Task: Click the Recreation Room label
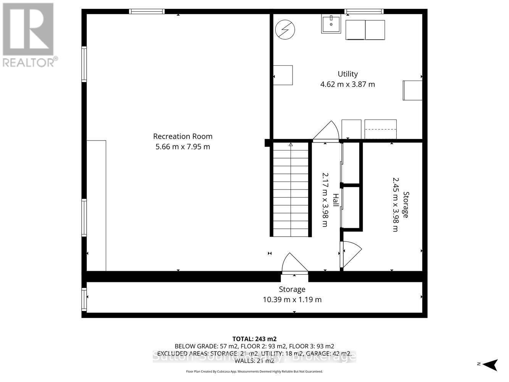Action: tap(183, 136)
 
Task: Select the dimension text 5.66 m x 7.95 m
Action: tap(183, 147)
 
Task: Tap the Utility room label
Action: tap(347, 74)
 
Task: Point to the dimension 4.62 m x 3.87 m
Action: tap(347, 84)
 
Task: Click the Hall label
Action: tap(335, 200)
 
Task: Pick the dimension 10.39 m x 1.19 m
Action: tap(292, 299)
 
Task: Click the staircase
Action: tap(291, 189)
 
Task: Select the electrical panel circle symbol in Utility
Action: tap(285, 30)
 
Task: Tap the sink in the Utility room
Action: tap(331, 24)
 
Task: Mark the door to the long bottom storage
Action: tap(294, 264)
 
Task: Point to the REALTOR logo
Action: tap(28, 35)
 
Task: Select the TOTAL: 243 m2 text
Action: tap(254, 339)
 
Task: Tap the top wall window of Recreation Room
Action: tap(147, 11)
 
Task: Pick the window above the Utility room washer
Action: tap(364, 11)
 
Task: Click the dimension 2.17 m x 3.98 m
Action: tap(325, 200)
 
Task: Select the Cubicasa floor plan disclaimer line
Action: tap(254, 371)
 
